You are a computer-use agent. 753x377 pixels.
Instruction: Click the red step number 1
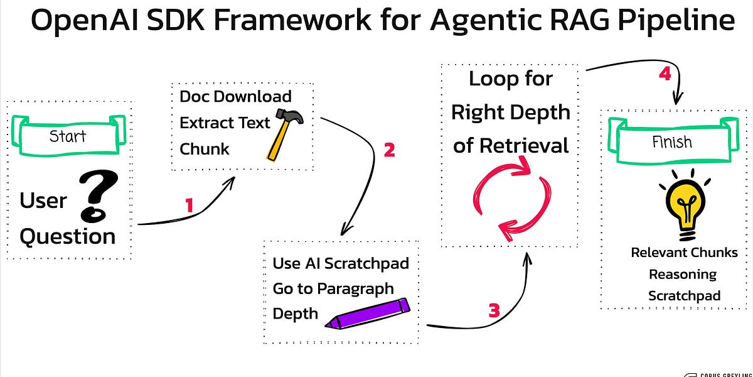point(188,205)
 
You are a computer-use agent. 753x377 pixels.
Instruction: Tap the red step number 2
point(389,151)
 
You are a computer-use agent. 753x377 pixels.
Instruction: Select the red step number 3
point(494,310)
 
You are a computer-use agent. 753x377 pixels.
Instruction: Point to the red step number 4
point(665,74)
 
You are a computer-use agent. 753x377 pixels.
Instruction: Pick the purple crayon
point(368,314)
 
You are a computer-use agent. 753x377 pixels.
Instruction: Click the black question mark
point(97,196)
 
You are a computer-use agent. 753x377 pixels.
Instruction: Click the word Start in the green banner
point(67,136)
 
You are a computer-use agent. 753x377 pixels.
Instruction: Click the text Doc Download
point(235,96)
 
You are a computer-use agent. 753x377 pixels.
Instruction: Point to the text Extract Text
point(225,123)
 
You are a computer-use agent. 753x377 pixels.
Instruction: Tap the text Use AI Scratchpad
point(341,263)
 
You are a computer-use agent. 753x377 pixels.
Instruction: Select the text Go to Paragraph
point(333,288)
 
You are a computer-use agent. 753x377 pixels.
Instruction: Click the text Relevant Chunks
point(684,253)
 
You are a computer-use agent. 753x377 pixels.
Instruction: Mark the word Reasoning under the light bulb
point(683,274)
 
